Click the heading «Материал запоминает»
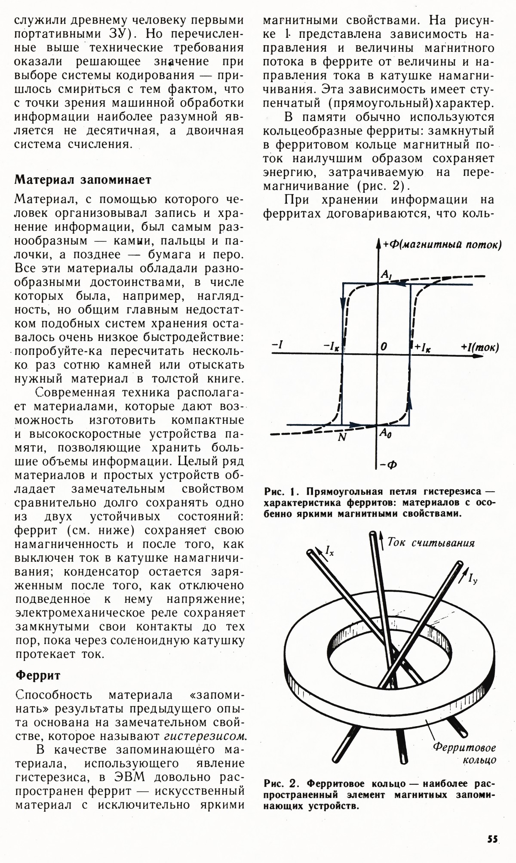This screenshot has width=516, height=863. pyautogui.click(x=83, y=180)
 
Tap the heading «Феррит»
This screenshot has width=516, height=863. pyautogui.click(x=38, y=675)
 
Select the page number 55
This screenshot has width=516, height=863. pyautogui.click(x=492, y=838)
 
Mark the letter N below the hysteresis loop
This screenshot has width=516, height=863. pyautogui.click(x=343, y=437)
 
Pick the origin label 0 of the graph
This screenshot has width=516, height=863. pyautogui.click(x=384, y=346)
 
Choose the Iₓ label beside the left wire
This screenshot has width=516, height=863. pyautogui.click(x=329, y=550)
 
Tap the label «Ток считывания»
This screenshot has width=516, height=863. pyautogui.click(x=431, y=542)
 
